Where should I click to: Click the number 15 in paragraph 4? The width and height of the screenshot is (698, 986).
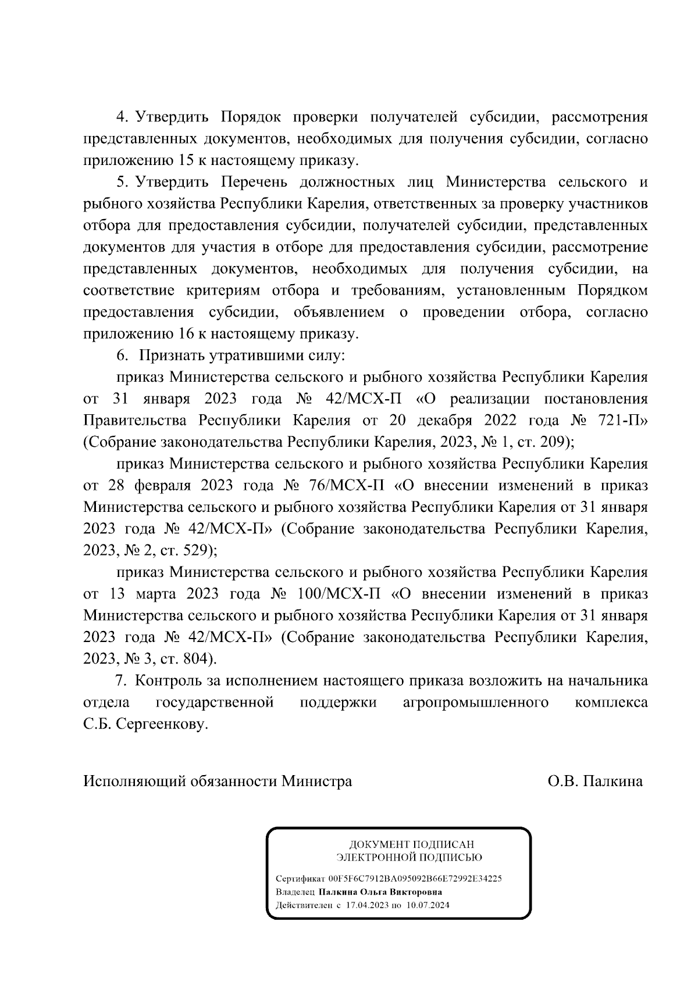click(x=181, y=160)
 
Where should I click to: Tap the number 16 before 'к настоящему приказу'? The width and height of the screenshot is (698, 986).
click(x=181, y=334)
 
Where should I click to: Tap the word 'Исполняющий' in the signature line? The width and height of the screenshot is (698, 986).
click(x=134, y=781)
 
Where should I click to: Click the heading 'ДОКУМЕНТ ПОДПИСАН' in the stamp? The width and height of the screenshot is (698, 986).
click(x=411, y=844)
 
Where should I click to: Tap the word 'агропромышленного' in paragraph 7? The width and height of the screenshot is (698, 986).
click(x=476, y=702)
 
